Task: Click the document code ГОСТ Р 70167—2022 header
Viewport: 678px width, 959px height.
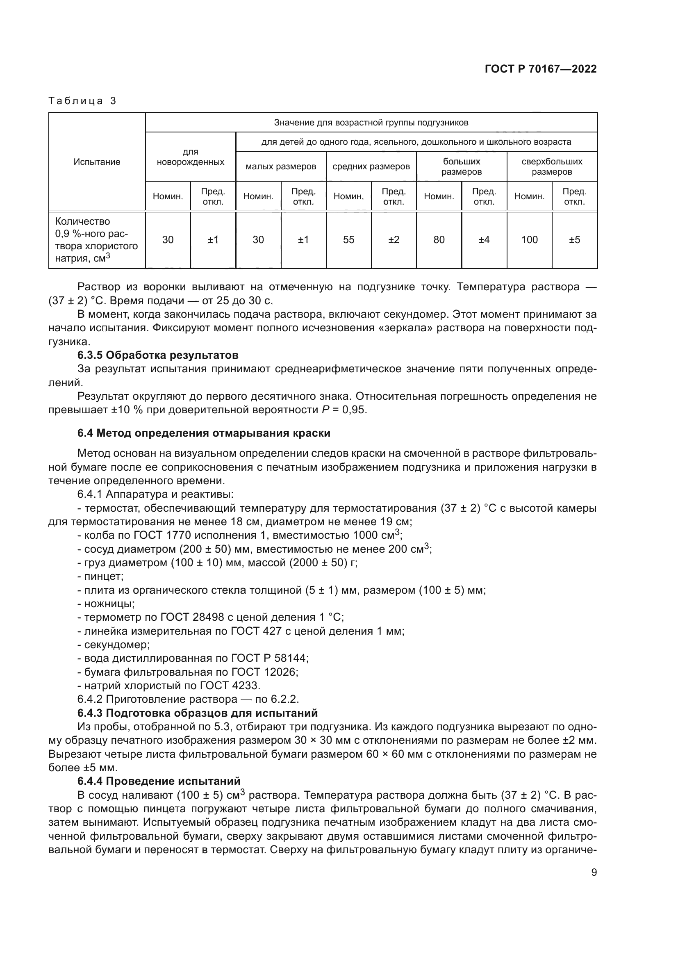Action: pos(541,69)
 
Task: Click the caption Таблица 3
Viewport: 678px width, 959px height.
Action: pos(82,101)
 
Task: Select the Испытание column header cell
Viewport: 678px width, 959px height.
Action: pos(97,162)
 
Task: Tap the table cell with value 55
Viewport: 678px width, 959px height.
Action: pos(348,240)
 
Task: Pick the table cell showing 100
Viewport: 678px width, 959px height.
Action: pos(529,240)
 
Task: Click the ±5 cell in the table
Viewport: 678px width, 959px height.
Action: pos(574,240)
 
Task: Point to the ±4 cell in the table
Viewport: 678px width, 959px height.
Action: pos(484,240)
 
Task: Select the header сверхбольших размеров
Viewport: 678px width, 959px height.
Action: pos(552,166)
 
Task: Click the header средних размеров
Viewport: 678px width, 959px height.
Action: pos(371,166)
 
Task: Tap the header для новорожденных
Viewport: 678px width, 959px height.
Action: pos(190,157)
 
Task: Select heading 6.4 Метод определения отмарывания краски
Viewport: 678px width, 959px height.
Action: pos(204,433)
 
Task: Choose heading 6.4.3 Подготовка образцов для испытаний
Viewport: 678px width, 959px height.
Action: pos(198,713)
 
